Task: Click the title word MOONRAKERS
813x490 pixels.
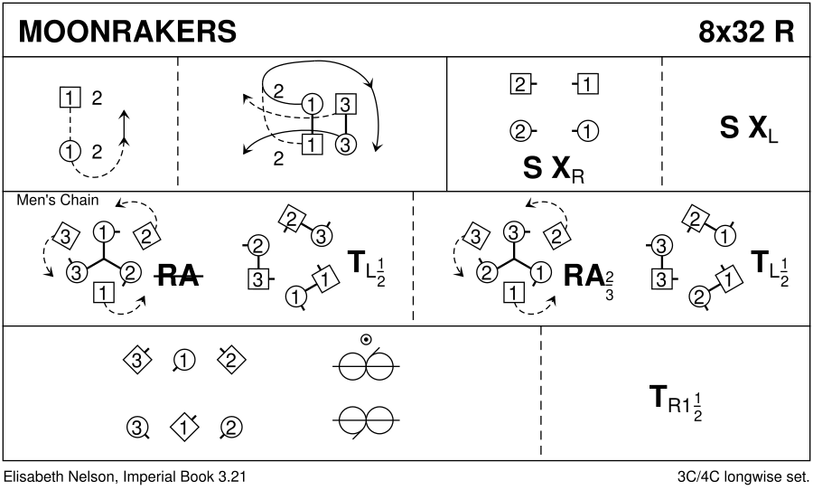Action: [127, 31]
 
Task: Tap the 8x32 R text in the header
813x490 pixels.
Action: [745, 31]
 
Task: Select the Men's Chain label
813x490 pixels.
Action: [58, 201]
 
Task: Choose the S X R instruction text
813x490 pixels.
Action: [554, 169]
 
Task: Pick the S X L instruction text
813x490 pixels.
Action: [749, 131]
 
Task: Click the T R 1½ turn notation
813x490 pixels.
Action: [676, 400]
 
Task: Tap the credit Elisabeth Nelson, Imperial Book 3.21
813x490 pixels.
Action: [126, 476]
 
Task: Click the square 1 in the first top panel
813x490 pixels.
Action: [69, 96]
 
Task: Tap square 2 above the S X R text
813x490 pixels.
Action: [519, 86]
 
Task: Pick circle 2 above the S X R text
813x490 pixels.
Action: [519, 131]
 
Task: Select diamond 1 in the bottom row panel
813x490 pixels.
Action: [183, 424]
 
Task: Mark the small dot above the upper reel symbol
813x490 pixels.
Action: [365, 340]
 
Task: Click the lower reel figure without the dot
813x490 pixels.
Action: [365, 419]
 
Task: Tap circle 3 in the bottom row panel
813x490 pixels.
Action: [135, 424]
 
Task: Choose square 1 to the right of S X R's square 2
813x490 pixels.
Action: [588, 86]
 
